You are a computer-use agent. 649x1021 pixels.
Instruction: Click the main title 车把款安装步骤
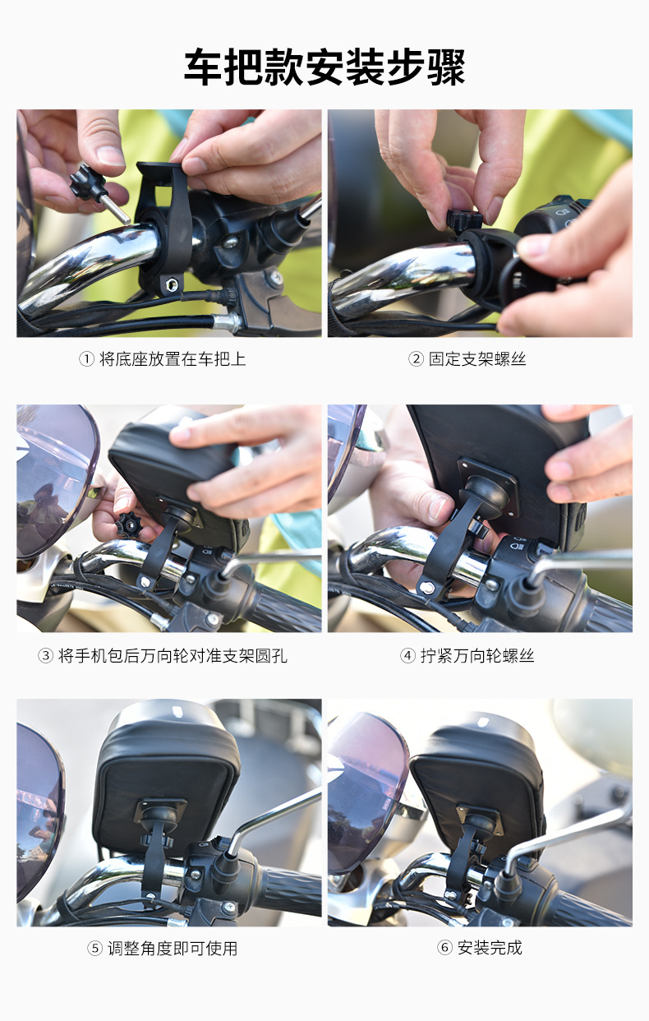coord(324,67)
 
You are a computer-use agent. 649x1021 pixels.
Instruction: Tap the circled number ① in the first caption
coord(86,359)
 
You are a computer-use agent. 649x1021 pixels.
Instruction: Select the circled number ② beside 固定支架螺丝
coord(416,359)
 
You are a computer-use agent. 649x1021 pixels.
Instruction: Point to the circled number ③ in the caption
coord(45,656)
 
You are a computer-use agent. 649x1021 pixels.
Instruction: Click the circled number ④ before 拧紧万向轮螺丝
coord(407,656)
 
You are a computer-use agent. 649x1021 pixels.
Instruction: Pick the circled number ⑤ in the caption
coord(94,949)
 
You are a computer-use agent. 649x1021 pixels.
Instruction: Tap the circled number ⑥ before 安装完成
coord(445,948)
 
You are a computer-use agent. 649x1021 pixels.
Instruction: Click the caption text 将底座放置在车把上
coord(173,359)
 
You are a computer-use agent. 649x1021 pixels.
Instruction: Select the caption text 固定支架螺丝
coord(477,359)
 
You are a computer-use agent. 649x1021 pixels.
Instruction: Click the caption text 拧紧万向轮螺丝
coord(477,656)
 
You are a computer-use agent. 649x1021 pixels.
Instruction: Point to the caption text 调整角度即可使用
coord(173,949)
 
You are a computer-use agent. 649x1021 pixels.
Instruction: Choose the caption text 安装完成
coord(490,948)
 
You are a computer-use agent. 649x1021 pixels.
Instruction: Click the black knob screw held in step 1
coord(98,192)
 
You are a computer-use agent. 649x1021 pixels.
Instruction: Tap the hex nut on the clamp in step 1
coord(173,286)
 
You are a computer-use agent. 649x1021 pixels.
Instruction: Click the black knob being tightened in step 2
coord(464,221)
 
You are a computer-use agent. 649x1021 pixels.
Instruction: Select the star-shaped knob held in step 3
coord(128,524)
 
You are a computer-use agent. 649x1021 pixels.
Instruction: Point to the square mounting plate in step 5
coord(161,812)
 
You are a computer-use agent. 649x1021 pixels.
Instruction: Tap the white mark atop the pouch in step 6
coord(483,722)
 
